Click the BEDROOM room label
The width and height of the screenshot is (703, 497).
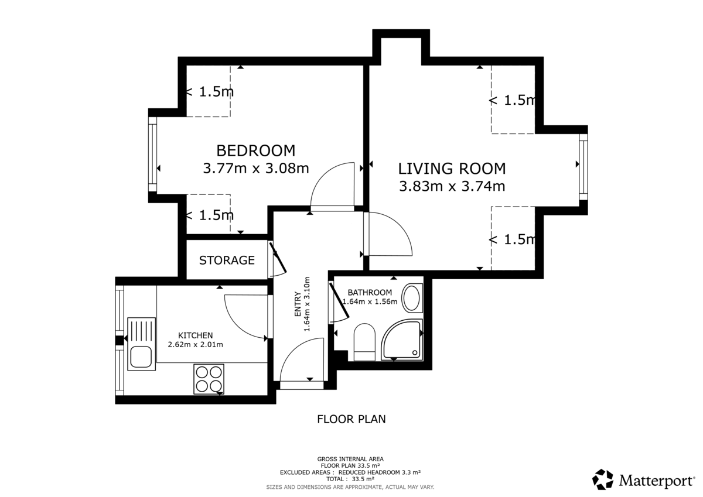click(256, 151)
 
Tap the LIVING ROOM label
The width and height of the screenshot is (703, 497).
click(452, 169)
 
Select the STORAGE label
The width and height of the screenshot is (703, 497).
click(227, 261)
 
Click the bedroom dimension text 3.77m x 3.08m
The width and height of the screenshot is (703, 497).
click(256, 169)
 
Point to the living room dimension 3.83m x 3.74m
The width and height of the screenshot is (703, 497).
click(452, 186)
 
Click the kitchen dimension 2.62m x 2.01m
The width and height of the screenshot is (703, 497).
click(195, 345)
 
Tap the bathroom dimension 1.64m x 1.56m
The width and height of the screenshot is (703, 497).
click(370, 301)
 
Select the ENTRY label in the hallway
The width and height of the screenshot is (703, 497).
click(298, 304)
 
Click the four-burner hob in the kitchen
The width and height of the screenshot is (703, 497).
click(209, 379)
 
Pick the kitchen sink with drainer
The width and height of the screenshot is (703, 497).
click(141, 344)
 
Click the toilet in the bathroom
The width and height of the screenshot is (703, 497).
click(364, 342)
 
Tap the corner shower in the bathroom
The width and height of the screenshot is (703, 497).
click(402, 340)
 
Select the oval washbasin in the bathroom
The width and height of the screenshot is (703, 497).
click(412, 298)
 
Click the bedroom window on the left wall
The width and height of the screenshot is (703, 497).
click(152, 154)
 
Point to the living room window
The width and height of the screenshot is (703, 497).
click(583, 167)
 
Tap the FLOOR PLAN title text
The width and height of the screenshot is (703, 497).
click(351, 419)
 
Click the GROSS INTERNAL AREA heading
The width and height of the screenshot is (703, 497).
click(350, 459)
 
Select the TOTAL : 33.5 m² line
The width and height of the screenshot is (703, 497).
click(350, 479)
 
